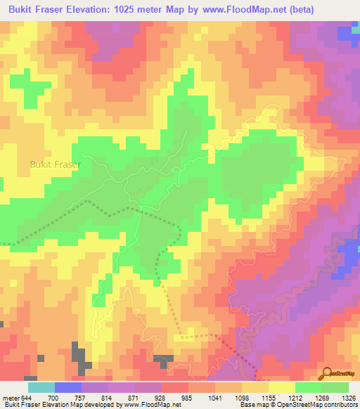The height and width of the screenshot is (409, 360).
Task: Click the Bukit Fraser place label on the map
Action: coord(55,164)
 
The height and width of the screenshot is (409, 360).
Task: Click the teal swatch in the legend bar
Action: coord(41,387)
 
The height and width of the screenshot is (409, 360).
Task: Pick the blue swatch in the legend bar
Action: coord(68,387)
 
